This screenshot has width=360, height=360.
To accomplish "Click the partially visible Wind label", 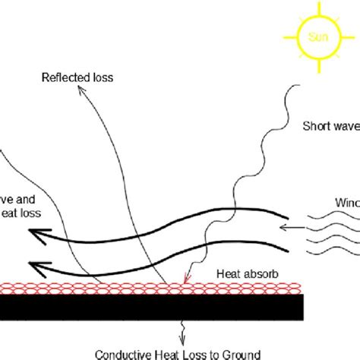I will click(346, 201).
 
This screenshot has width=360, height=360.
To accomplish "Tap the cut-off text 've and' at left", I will click(19, 198).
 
